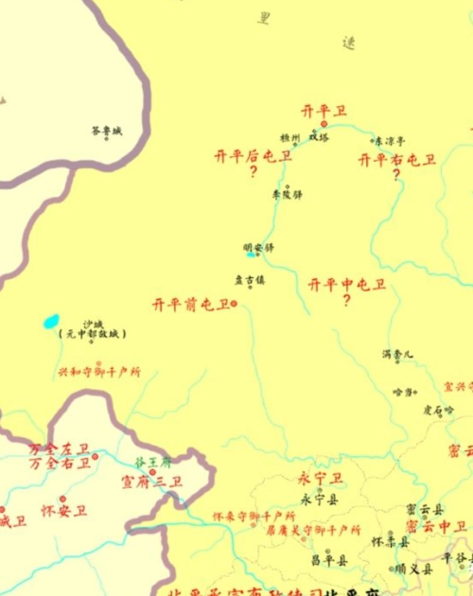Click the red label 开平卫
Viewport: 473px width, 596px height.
tap(324, 111)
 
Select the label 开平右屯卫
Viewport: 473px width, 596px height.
tap(397, 160)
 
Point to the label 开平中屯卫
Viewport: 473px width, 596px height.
tap(347, 284)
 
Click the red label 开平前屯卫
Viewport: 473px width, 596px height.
tap(191, 305)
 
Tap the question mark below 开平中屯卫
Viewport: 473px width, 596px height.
tap(346, 301)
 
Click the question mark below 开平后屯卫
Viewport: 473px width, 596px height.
tap(253, 172)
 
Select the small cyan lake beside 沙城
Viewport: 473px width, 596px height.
tap(51, 322)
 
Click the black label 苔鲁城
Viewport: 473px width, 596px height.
tap(107, 131)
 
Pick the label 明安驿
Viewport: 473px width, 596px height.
tap(258, 248)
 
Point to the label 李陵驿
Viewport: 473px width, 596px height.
tap(287, 195)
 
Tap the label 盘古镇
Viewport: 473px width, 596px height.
tap(250, 279)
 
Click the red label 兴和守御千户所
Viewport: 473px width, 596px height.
tap(99, 372)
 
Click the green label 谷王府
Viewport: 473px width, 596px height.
tap(152, 463)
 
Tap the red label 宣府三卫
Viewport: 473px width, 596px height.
tap(151, 482)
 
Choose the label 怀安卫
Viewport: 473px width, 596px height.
tap(63, 511)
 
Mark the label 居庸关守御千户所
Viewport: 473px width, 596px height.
tap(314, 531)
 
